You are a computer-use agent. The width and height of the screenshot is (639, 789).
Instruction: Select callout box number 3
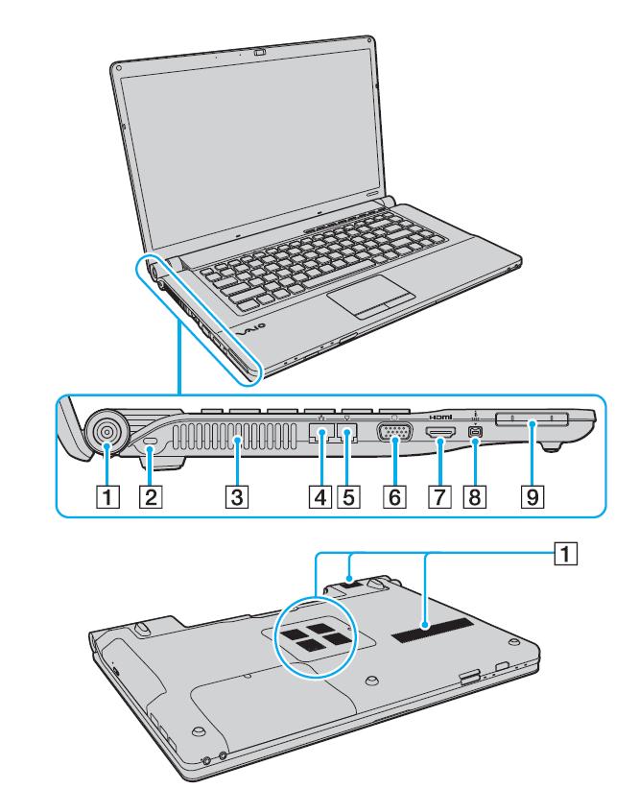point(234,497)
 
